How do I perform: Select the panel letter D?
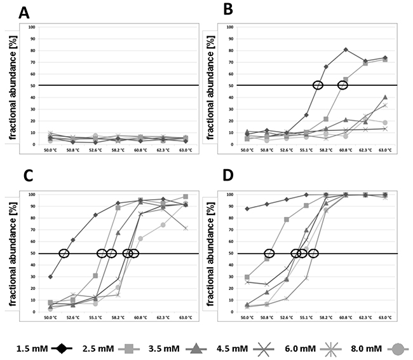point(227,179)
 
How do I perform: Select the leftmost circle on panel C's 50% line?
point(64,253)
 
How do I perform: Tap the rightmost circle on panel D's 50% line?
point(313,253)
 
